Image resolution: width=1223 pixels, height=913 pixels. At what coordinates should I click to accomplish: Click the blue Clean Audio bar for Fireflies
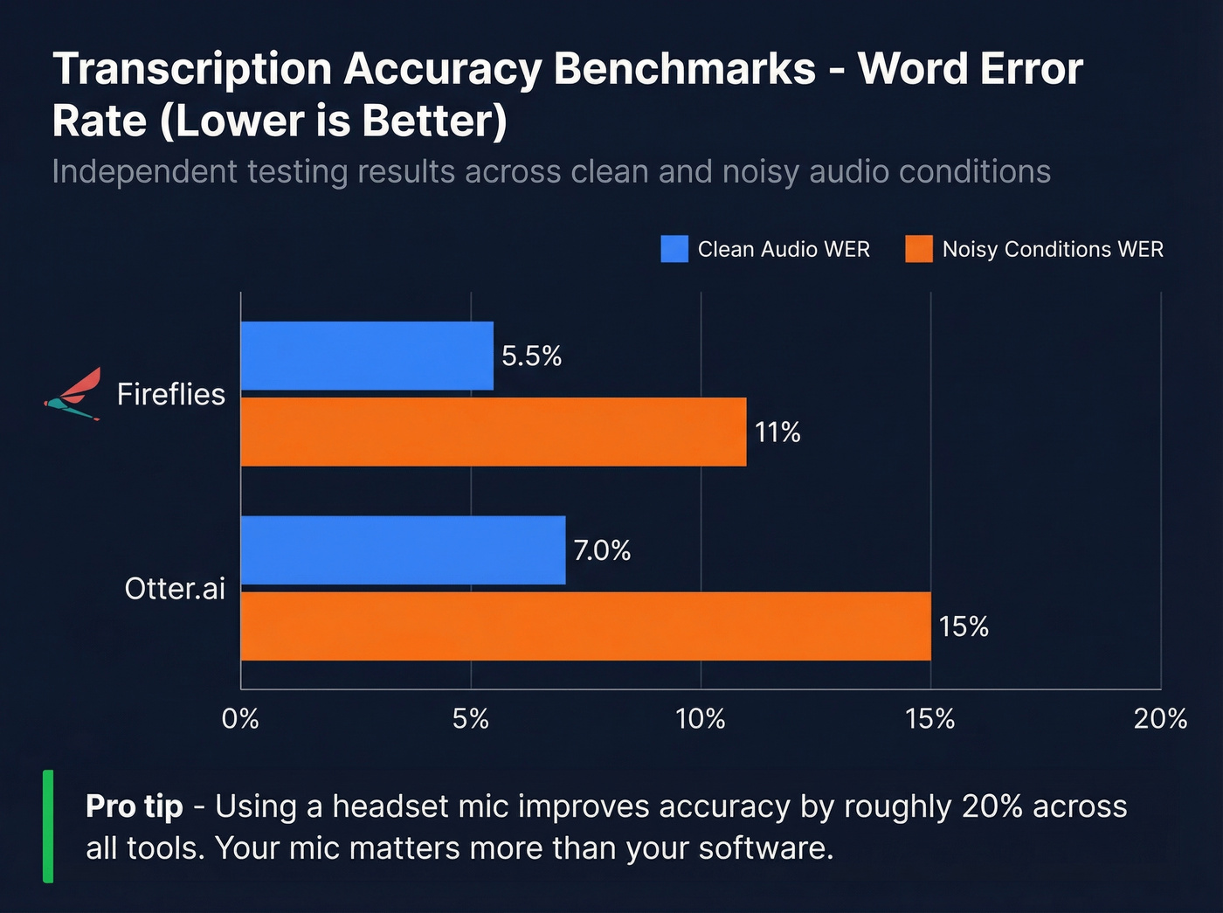pos(367,356)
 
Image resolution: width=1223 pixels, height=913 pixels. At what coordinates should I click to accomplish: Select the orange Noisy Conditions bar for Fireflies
pos(494,432)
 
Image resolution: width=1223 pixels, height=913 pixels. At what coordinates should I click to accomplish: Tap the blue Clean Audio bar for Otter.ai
pos(403,550)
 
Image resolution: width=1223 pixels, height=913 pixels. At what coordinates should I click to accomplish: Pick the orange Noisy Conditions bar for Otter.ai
pos(585,626)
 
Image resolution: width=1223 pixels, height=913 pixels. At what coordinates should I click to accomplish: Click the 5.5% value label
pos(531,356)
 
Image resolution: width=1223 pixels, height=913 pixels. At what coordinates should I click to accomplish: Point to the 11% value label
pos(777,432)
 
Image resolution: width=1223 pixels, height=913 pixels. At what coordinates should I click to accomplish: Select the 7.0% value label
pos(602,550)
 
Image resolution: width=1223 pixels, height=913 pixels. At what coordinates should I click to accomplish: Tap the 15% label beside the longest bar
pos(964,626)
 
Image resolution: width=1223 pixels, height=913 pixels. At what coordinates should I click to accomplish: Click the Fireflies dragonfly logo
pos(74,394)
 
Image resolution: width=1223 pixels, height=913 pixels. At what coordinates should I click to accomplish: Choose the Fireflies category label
pos(171,394)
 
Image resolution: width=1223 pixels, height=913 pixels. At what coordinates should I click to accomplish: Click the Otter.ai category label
pos(175,588)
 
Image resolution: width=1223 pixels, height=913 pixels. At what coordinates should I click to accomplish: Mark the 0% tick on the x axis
pos(240,719)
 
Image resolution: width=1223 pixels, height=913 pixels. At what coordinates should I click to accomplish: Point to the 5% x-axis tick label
pos(471,719)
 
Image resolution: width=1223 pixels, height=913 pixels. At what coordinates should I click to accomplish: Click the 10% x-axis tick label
pos(701,719)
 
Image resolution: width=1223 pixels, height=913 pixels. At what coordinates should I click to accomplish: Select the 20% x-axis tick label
pos(1160,719)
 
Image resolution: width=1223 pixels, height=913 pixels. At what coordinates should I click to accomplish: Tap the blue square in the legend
pos(674,249)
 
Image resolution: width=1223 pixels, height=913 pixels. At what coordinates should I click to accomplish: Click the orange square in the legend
pos(919,249)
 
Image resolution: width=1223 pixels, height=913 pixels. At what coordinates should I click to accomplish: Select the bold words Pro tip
pos(135,806)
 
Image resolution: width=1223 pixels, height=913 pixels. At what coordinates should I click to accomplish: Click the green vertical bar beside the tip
pos(48,826)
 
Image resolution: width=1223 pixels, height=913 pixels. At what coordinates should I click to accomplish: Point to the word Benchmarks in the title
pos(685,69)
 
